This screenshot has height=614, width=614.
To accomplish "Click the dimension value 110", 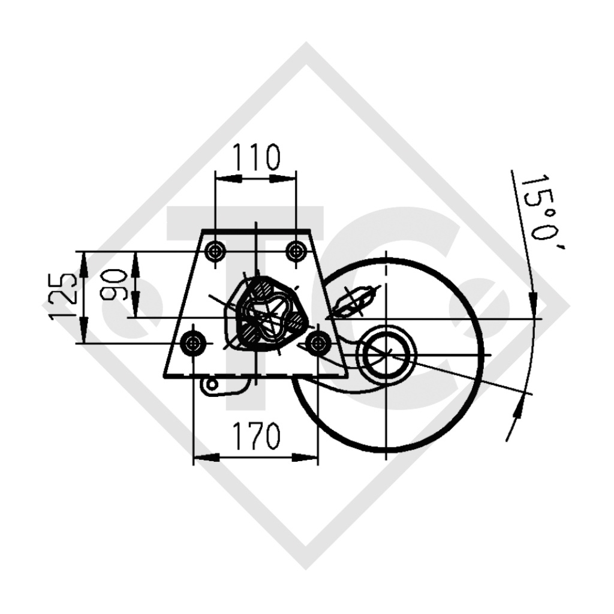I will click(x=255, y=157).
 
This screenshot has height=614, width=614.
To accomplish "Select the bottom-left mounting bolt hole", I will click(x=193, y=343).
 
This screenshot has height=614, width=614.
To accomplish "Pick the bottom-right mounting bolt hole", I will click(x=317, y=343).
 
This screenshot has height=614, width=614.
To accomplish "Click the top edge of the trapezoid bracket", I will click(x=256, y=231).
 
